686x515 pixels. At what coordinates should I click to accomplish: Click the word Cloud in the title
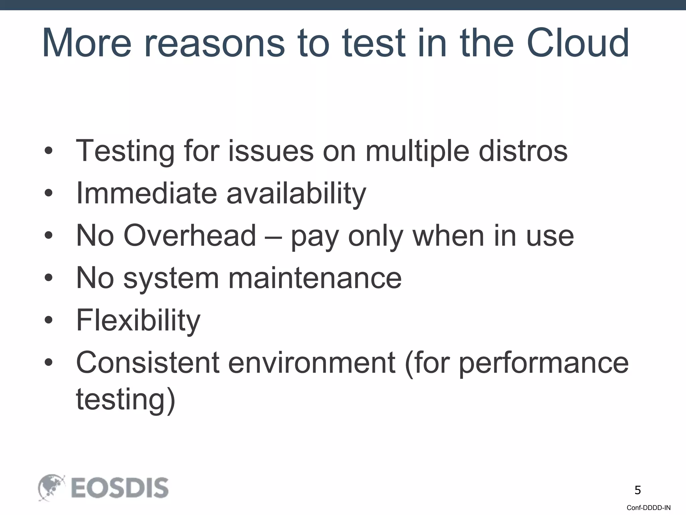pyautogui.click(x=577, y=43)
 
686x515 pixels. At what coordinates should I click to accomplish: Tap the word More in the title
pyautogui.click(x=87, y=43)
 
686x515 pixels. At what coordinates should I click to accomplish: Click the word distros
pyautogui.click(x=523, y=151)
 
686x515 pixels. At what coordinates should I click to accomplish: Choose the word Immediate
pyautogui.click(x=147, y=193)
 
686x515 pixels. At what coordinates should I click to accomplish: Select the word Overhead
pyautogui.click(x=190, y=235)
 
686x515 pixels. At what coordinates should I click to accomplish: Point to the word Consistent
pyautogui.click(x=148, y=362)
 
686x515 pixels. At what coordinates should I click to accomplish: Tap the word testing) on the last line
pyautogui.click(x=126, y=400)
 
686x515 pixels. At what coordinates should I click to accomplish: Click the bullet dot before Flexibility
pyautogui.click(x=49, y=320)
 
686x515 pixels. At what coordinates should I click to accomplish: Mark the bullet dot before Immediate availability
pyautogui.click(x=49, y=193)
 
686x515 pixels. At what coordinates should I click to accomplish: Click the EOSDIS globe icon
pyautogui.click(x=51, y=487)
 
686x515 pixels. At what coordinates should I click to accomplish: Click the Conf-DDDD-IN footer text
pyautogui.click(x=648, y=508)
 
